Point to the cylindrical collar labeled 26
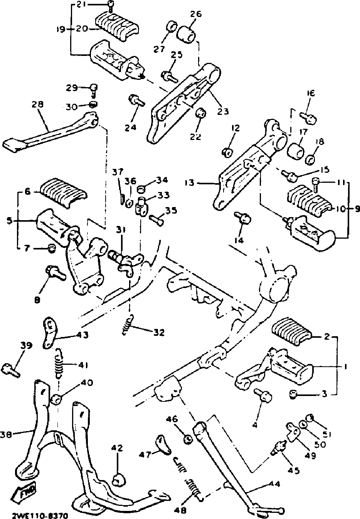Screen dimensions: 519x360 [x=187, y=32]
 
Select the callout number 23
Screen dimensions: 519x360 [x=223, y=112]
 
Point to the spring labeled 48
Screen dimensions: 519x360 [x=194, y=488]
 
